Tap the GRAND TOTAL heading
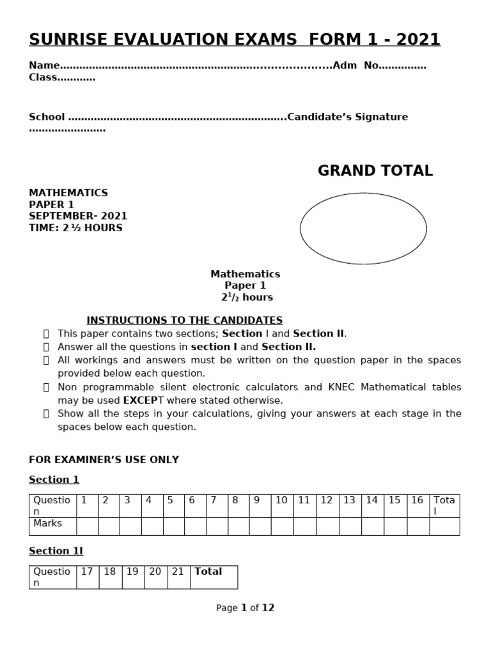[375, 171]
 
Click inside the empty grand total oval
[363, 228]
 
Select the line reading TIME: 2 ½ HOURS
[75, 228]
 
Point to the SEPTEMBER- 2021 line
[78, 216]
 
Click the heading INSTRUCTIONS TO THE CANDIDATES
[184, 320]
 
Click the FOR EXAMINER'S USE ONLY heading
[104, 460]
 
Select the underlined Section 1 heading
[54, 480]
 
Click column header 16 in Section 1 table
[417, 500]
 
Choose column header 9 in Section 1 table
[256, 500]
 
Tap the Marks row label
[48, 524]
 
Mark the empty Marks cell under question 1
[87, 526]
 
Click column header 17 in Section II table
[87, 572]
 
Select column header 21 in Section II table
[178, 572]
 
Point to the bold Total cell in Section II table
[208, 572]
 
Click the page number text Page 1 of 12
[245, 608]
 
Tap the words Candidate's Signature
[348, 117]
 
